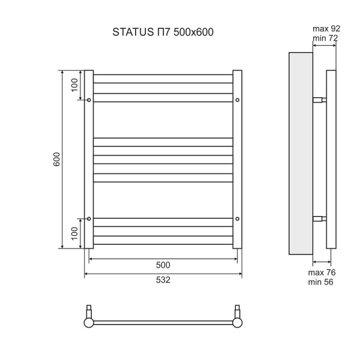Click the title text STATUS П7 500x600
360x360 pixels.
[163, 32]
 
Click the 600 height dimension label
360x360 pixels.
[56, 160]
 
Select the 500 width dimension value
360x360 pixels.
[163, 265]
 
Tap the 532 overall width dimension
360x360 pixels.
[163, 280]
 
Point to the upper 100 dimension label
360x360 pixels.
[74, 85]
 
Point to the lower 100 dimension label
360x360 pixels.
[74, 233]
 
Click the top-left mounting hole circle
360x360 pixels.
[89, 100]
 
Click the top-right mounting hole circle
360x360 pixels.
[238, 100]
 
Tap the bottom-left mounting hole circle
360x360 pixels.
[89, 218]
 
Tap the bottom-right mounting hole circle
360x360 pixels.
[238, 218]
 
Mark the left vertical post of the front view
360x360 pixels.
[89, 159]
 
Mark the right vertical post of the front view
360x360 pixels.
[238, 159]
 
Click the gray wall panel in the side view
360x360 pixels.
[301, 154]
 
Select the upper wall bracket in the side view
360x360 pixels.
[320, 100]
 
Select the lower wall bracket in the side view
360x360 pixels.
[320, 218]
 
